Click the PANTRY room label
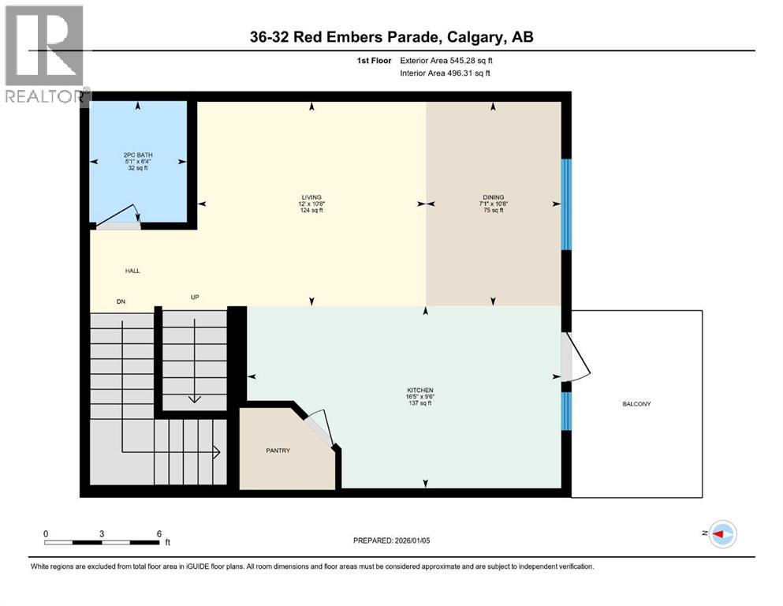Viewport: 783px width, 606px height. [278, 451]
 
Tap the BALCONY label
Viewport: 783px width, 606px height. [636, 404]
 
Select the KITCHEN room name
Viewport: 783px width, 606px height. [420, 390]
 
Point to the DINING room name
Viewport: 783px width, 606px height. [494, 197]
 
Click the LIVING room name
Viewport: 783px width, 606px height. [311, 197]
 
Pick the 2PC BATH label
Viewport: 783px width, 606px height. [138, 155]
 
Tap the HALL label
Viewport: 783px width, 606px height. [132, 271]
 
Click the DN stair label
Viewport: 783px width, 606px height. [121, 301]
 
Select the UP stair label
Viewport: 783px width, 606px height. [195, 297]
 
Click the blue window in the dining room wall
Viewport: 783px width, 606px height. [566, 204]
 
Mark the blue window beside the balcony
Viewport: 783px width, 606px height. [566, 411]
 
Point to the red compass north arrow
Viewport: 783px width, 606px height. [718, 534]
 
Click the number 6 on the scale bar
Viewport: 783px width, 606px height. [159, 533]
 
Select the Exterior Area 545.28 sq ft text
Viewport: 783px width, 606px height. [446, 61]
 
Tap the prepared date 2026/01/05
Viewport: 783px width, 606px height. [412, 541]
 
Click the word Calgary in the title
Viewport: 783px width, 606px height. [475, 37]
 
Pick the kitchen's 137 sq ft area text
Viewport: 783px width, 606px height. [420, 403]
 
